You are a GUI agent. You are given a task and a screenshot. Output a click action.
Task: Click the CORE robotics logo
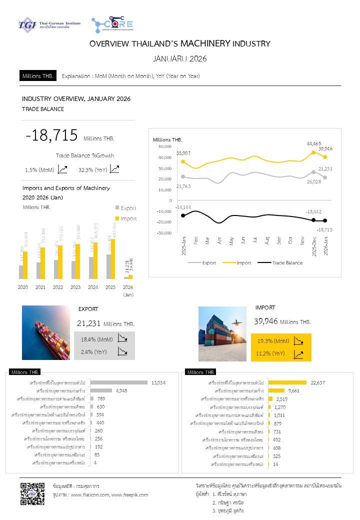112,24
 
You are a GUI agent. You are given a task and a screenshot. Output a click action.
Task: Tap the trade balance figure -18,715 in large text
52,135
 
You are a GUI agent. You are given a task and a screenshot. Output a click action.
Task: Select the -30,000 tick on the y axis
164,233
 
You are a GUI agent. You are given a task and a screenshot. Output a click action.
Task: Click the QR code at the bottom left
29,493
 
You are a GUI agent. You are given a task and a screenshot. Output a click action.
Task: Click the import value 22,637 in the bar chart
317,382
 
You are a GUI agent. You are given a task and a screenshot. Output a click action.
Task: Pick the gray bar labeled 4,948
101,390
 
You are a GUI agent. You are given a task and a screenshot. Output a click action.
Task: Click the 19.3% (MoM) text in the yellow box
272,341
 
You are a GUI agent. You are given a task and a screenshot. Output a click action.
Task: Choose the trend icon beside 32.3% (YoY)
114,169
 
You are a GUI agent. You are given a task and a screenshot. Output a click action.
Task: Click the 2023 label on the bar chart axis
75,287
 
